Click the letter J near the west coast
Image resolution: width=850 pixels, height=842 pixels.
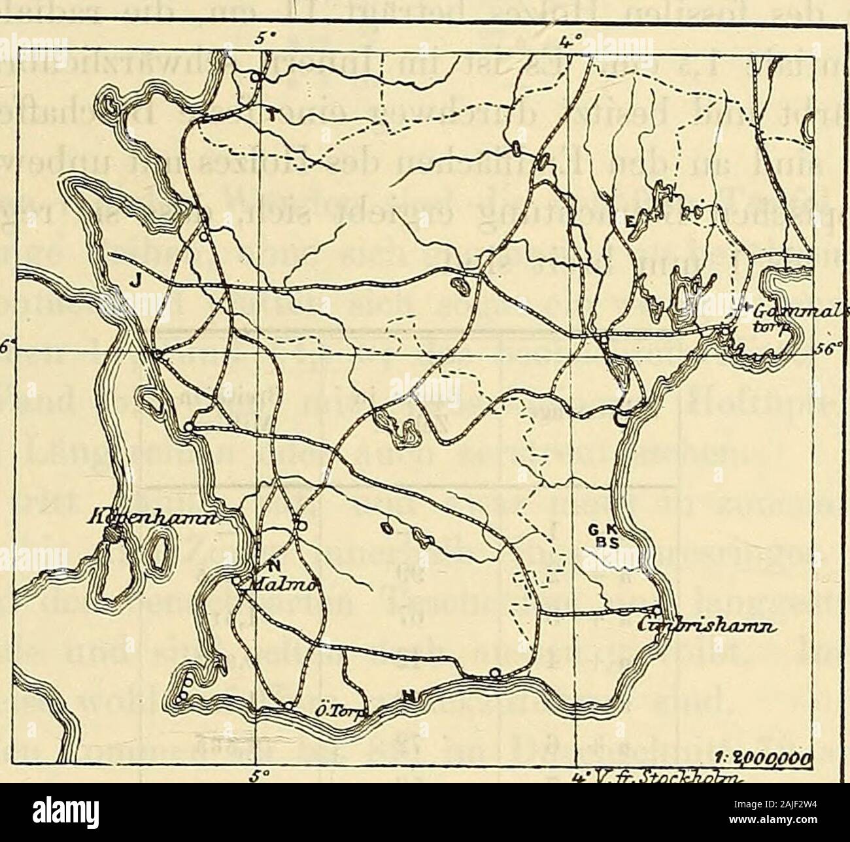[135, 280]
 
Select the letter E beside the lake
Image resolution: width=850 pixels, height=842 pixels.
[630, 224]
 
